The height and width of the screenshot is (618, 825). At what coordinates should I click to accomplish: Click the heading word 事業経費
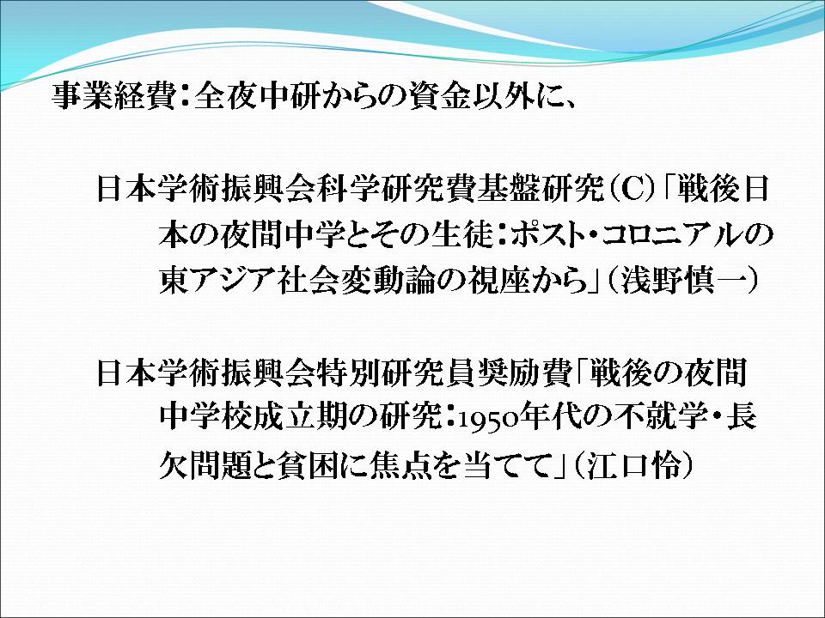(x=113, y=96)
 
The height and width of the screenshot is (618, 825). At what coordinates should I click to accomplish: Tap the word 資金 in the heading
(x=440, y=96)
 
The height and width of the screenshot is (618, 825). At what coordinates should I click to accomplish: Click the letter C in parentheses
(x=632, y=189)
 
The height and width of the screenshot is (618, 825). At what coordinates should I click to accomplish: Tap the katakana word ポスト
(x=547, y=236)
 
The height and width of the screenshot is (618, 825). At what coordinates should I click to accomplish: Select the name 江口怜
(x=633, y=464)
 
